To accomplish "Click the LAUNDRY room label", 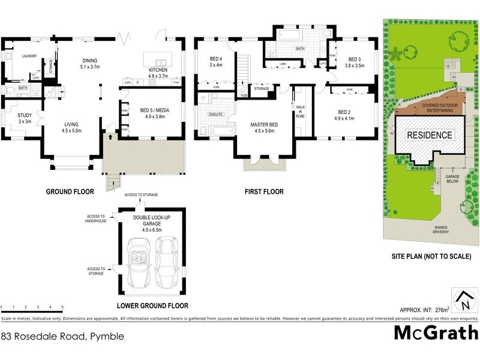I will [29, 56].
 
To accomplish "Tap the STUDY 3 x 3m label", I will [25, 118].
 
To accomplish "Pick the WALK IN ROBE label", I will [300, 112].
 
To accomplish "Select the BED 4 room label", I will [216, 62].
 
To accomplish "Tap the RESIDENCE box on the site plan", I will [430, 135].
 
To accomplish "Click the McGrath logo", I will [436, 332].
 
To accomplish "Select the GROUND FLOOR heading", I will [71, 192].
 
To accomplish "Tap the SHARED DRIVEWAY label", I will [445, 230].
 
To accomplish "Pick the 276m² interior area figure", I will [442, 309].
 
